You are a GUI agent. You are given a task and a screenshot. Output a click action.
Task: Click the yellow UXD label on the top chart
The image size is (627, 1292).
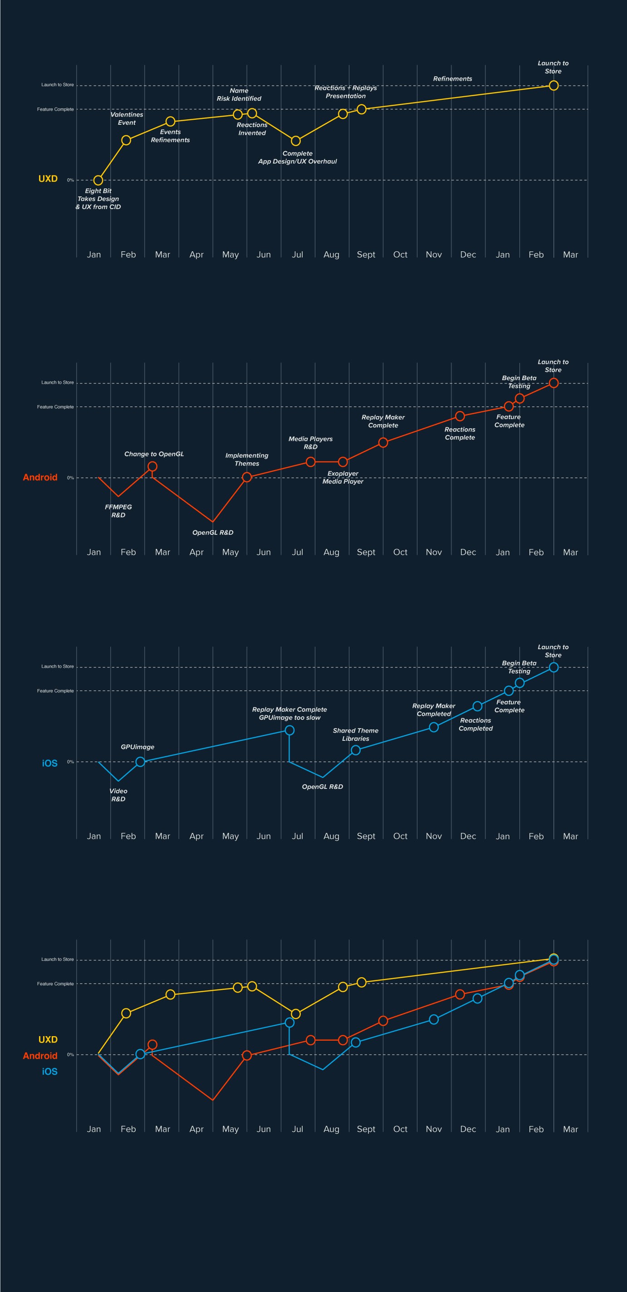48,179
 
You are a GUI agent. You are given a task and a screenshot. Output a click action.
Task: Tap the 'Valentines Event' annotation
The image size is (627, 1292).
127,118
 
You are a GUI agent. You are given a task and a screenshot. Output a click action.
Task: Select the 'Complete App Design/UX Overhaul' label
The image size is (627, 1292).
298,157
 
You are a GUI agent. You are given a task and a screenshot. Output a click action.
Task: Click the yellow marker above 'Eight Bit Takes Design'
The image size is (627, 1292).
98,180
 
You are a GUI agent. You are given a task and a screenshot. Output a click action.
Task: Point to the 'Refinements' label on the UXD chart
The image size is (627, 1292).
452,79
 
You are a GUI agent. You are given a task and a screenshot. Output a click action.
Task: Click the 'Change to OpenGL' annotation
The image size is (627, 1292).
154,454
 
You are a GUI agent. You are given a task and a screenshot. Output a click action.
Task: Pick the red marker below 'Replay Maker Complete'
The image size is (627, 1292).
383,442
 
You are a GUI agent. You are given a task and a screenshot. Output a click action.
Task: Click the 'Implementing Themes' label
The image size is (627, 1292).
247,460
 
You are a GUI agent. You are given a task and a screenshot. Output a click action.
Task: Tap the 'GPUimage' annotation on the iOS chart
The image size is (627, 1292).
137,747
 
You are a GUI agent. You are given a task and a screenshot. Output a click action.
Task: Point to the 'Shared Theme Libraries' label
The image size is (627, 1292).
356,734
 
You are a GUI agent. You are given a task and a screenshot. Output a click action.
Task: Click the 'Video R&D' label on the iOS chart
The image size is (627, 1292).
118,795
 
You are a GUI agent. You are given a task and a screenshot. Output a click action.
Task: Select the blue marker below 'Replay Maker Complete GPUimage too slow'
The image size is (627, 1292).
289,730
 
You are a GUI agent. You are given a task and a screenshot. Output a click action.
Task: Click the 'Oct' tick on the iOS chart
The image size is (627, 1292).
400,836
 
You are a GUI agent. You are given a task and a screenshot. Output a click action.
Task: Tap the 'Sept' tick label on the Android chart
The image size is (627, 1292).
366,552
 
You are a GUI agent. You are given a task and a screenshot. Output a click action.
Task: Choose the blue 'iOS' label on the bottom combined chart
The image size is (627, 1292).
49,1072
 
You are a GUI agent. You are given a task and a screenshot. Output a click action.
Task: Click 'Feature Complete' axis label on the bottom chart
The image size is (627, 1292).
55,984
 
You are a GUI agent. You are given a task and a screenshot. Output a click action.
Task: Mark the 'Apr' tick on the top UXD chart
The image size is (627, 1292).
196,255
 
